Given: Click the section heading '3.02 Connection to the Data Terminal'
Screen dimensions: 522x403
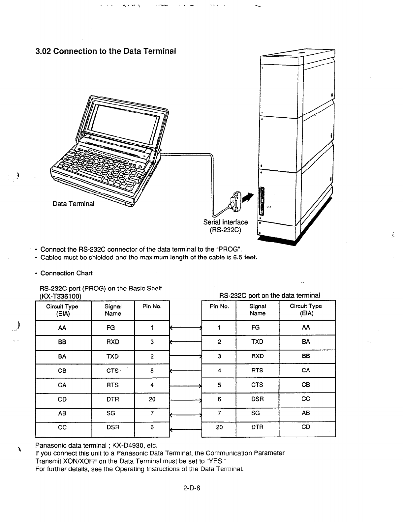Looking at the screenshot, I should tap(106, 51).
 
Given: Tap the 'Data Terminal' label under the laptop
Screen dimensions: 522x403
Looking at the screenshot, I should tap(74, 204).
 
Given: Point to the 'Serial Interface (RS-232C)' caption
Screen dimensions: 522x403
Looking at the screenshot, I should tap(226, 226).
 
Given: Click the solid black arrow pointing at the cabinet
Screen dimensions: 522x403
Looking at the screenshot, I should tap(248, 197).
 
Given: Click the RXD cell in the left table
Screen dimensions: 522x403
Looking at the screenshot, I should tap(113, 342).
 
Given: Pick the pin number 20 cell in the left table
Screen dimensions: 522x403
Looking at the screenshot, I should tap(152, 399).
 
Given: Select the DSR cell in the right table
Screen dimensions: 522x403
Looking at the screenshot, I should tap(257, 399).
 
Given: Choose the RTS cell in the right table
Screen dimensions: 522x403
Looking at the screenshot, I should tap(257, 370).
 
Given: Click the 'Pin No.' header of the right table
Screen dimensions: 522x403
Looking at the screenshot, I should tap(219, 306).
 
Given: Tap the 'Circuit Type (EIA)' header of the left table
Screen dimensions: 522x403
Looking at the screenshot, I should tap(62, 310).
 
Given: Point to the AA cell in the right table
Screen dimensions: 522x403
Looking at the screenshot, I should tap(306, 327).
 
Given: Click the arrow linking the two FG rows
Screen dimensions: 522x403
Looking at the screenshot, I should tap(185, 328).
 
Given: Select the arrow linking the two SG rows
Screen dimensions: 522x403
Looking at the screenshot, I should tap(185, 414).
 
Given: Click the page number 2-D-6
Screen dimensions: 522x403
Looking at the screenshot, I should tap(192, 488).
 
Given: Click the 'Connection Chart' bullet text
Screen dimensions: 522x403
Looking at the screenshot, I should tap(66, 273).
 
